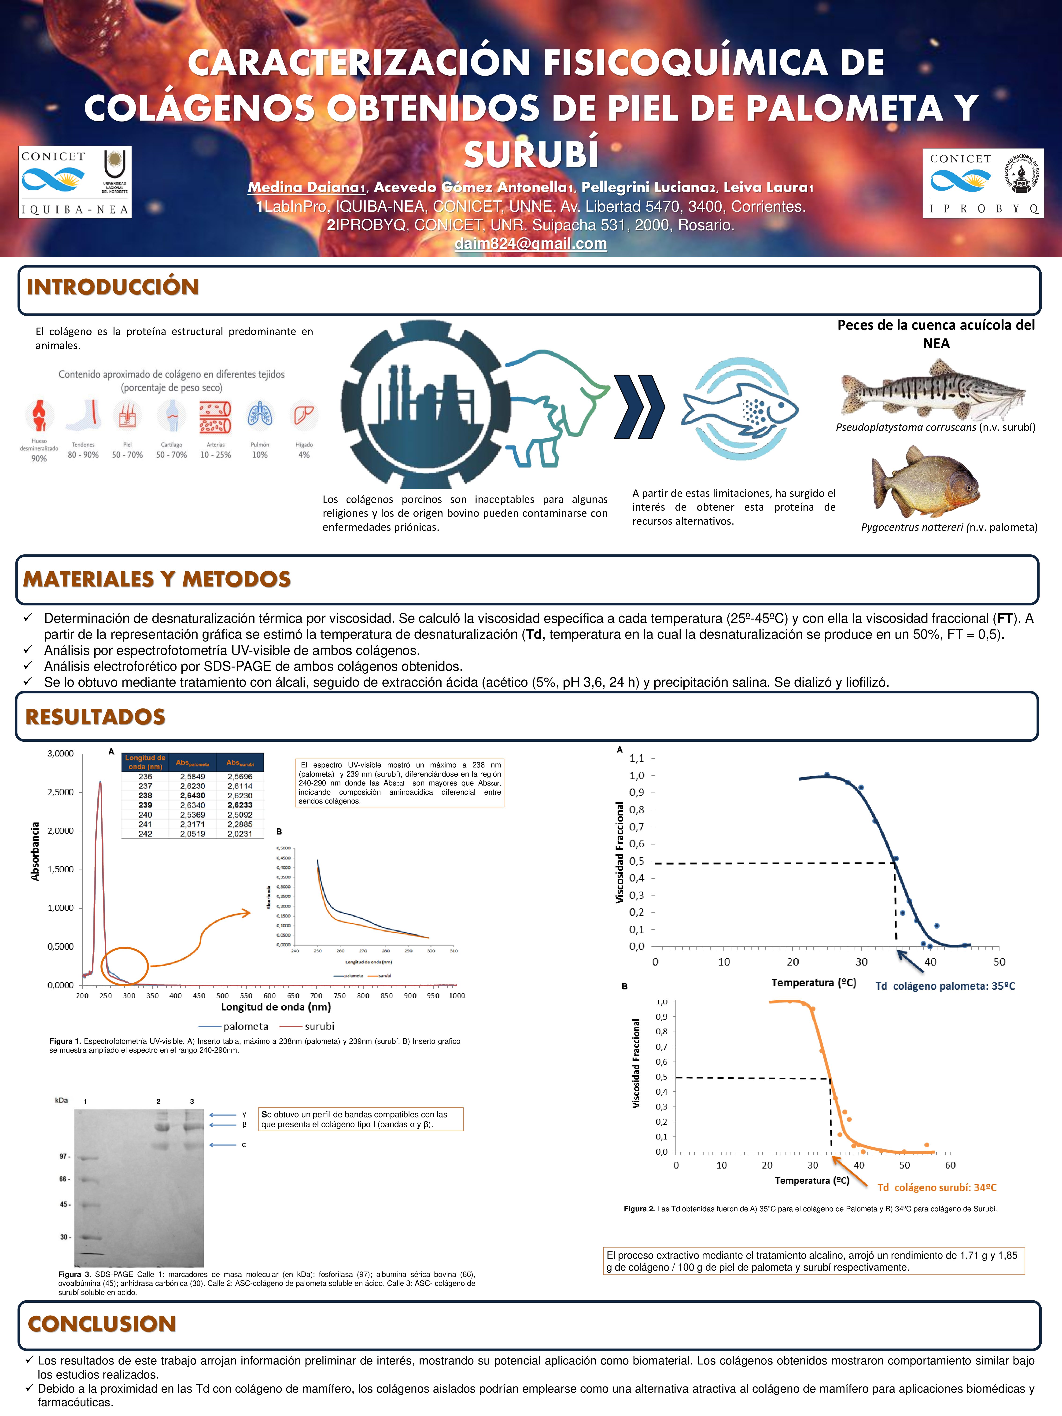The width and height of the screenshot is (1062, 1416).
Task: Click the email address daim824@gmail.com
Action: (531, 244)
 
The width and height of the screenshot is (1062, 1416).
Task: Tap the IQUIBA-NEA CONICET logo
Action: (75, 182)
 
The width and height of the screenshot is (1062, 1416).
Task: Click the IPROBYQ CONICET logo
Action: (983, 183)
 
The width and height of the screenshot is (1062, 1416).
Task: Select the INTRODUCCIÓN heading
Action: (113, 287)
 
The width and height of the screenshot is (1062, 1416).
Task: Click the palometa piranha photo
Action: (925, 481)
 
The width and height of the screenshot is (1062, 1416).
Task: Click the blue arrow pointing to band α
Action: (222, 1145)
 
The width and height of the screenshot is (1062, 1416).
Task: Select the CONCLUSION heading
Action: (102, 1324)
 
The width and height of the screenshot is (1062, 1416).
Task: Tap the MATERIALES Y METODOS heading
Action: (157, 579)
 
